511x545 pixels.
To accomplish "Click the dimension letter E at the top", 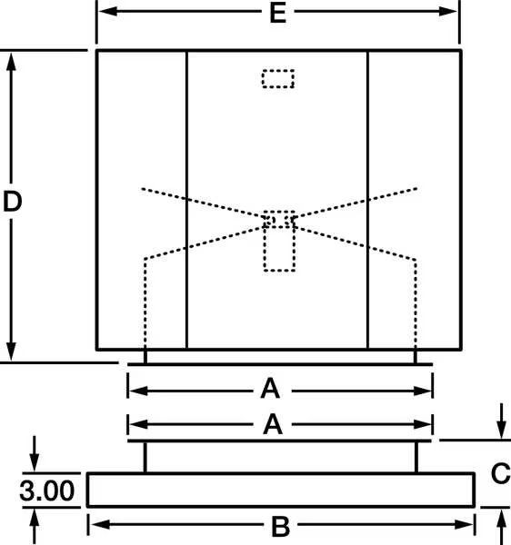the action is (x=278, y=14).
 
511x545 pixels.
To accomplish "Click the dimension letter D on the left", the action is (x=12, y=202).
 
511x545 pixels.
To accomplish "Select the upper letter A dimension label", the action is (x=270, y=389).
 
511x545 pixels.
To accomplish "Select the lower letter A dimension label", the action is (x=273, y=424).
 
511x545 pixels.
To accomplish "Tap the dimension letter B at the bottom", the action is (x=280, y=527).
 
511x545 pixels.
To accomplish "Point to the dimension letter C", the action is (x=501, y=473).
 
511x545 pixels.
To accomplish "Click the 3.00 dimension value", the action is (x=47, y=490).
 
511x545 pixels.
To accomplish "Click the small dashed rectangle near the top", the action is (x=278, y=79).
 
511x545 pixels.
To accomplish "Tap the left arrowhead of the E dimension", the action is (x=107, y=11).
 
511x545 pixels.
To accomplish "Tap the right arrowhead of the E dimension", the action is (x=448, y=11).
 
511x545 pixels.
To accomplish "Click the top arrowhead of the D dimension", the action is (x=11, y=62).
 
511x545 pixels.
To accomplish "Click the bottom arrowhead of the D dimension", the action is (x=11, y=352).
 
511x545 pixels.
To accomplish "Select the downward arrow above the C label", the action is (x=501, y=421).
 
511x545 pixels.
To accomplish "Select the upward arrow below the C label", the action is (x=501, y=527).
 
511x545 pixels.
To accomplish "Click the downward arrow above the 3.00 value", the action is (x=34, y=453).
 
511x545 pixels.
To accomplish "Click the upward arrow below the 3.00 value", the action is (x=34, y=526).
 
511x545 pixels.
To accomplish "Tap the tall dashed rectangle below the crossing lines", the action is (x=280, y=241).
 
